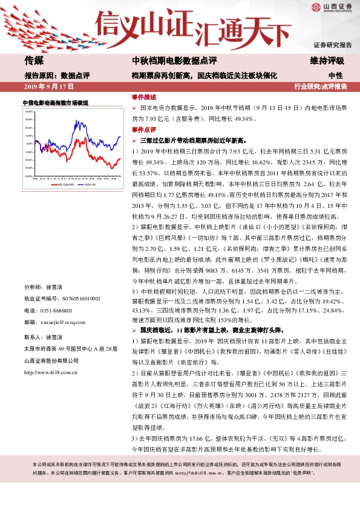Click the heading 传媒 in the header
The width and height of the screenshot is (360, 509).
pyautogui.click(x=34, y=60)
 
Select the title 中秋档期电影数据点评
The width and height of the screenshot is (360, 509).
pyautogui.click(x=170, y=60)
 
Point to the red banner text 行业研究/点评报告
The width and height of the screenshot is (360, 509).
pyautogui.click(x=321, y=86)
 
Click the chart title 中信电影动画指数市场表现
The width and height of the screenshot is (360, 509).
pyautogui.click(x=55, y=103)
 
